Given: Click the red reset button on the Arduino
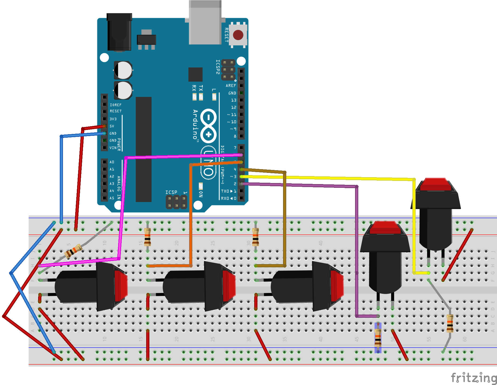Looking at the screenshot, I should (238, 35).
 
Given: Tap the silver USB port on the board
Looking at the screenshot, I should (205, 23).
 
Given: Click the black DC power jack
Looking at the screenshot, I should (119, 32).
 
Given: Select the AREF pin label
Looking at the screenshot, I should (231, 86).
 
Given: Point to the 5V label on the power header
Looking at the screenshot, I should (112, 126).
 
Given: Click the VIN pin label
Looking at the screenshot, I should (113, 148).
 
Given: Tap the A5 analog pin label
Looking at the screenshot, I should (112, 198).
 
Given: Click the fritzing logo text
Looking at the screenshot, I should (474, 378).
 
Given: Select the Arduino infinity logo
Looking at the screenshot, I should (209, 126).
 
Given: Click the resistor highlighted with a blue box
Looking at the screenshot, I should (378, 338).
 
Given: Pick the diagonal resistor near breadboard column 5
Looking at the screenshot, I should (73, 251).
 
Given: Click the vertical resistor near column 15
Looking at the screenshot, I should (148, 236).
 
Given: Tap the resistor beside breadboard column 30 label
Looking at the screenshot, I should (256, 236).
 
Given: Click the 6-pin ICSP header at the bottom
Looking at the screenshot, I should (176, 202).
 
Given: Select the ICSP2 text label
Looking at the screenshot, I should (218, 67).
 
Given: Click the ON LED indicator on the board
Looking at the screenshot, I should (201, 186).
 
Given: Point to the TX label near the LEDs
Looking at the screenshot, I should (201, 88).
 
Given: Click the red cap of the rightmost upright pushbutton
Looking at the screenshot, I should (435, 184).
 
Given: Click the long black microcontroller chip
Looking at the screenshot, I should (144, 149).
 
